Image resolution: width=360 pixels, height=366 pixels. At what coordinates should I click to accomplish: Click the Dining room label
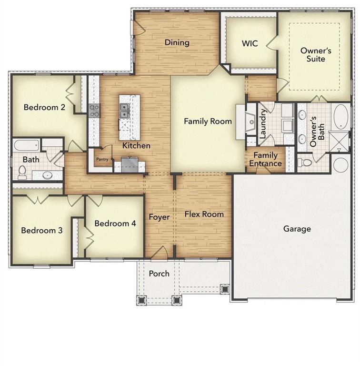coord(177,42)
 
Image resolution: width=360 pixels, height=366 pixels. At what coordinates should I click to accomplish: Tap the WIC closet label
coord(250,43)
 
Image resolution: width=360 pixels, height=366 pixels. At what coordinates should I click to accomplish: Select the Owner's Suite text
coord(312,54)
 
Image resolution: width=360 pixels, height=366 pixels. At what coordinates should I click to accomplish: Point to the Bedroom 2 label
coord(44,107)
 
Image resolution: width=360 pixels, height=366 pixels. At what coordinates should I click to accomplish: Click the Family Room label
coord(208,121)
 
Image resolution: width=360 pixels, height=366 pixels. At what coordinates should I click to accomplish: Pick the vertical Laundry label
coord(262,123)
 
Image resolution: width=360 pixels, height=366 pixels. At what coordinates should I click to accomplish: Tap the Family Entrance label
coord(265,159)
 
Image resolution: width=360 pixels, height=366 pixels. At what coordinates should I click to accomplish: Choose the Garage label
coord(297,229)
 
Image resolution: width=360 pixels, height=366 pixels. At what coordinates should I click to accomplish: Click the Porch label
coord(159,274)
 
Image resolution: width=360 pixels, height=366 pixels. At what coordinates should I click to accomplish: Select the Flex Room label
coord(204,214)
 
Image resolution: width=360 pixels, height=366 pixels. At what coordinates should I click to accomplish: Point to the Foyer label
coord(159,217)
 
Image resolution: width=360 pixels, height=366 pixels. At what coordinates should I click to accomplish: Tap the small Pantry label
coord(102,160)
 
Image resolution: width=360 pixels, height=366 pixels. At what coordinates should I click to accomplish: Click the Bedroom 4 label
coord(111,223)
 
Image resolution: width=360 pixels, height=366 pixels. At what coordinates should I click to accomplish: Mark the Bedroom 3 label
coord(42,230)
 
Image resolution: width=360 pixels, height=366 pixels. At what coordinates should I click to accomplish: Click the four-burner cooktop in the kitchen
coord(94,111)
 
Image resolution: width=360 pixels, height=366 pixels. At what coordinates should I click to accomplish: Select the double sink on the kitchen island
coord(125,111)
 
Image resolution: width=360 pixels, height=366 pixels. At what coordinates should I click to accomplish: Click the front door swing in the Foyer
coord(162,253)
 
